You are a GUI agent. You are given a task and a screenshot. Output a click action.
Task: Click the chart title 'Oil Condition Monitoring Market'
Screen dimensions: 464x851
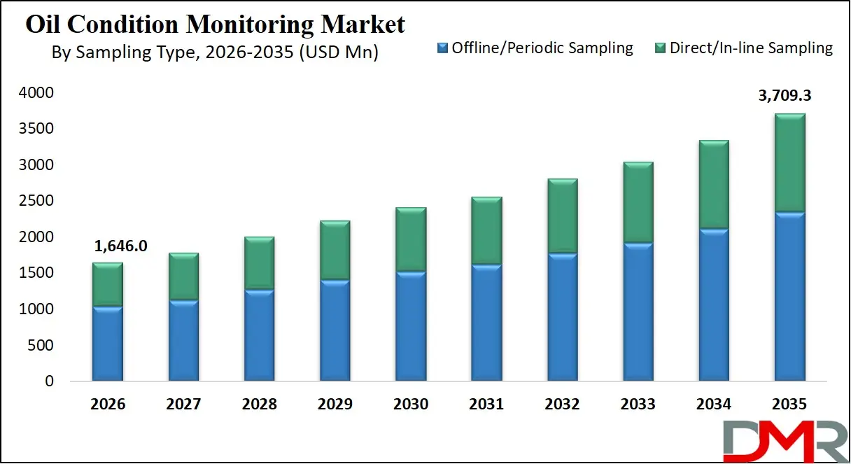(216, 24)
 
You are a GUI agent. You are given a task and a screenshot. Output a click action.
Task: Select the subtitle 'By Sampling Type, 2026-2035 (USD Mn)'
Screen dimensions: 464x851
(216, 52)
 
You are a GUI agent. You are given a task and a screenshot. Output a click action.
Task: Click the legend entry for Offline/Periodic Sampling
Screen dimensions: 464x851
(535, 48)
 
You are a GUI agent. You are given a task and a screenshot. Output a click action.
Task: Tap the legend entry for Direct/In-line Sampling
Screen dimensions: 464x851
(743, 48)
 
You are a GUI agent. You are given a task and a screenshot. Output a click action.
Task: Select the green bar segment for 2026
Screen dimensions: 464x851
(108, 284)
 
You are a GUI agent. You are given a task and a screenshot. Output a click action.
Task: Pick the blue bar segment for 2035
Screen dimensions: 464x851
(789, 297)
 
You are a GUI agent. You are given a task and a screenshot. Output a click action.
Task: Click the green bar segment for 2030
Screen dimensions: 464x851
(410, 239)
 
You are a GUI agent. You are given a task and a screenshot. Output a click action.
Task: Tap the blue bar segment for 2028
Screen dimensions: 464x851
(259, 335)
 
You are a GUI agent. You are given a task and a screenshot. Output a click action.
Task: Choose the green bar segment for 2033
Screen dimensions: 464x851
(638, 203)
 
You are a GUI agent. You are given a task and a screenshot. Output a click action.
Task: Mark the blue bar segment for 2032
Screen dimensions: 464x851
(562, 317)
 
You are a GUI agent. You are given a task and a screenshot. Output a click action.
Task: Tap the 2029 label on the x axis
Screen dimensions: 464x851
(335, 405)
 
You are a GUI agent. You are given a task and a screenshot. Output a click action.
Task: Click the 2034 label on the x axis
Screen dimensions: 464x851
(713, 405)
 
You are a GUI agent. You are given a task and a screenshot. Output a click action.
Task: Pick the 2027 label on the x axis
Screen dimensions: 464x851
(183, 405)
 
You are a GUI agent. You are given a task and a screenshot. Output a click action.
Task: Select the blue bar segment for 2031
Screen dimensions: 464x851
(486, 323)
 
